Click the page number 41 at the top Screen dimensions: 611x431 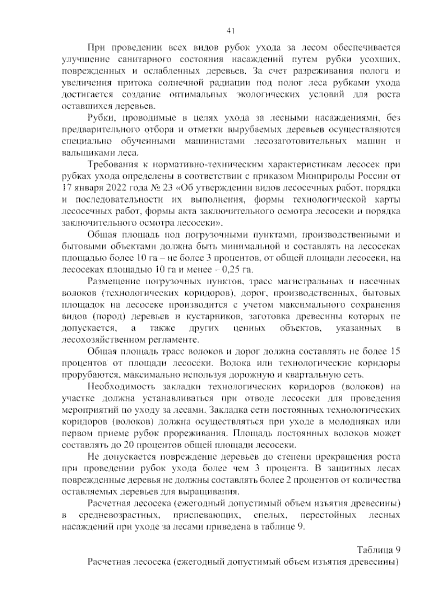click(x=231, y=31)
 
